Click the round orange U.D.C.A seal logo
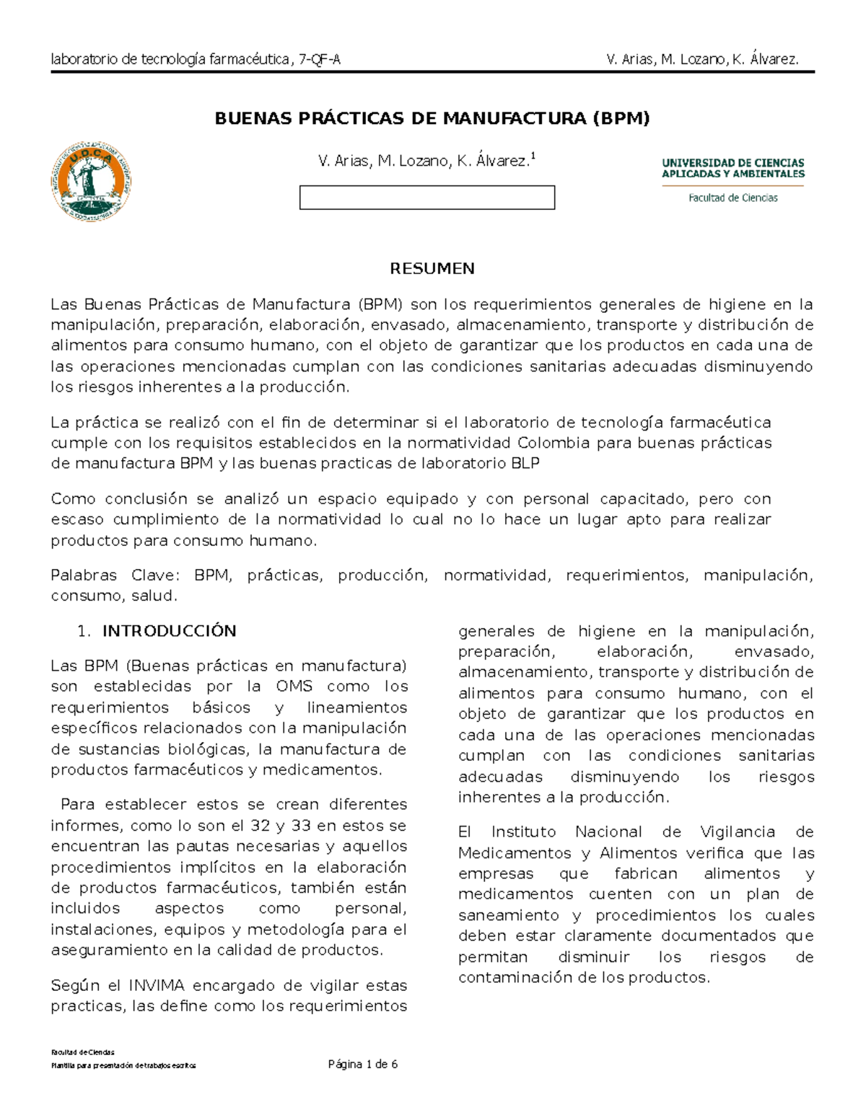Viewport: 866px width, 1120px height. (91, 177)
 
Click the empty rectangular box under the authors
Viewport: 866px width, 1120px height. (427, 198)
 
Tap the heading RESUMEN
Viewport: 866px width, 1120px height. (432, 269)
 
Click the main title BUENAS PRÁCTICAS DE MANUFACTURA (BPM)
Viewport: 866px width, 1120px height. (432, 118)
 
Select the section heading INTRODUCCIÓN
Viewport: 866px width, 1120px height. (169, 631)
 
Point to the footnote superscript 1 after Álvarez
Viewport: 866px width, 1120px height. (533, 156)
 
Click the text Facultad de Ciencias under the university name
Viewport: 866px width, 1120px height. (732, 198)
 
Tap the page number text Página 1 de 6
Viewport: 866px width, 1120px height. (363, 1064)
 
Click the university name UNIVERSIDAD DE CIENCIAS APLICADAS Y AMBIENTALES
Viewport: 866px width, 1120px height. (733, 168)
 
